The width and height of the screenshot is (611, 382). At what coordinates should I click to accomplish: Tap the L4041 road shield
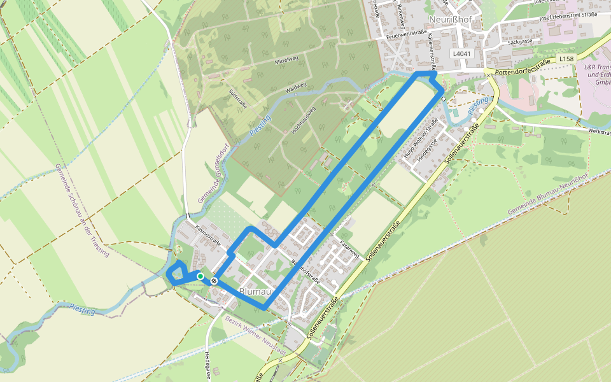[462, 54]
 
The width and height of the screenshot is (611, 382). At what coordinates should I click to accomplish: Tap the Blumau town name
[256, 292]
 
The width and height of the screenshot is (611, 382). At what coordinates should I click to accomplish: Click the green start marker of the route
[200, 276]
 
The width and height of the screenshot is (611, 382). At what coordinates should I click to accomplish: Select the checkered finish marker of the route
[214, 280]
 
